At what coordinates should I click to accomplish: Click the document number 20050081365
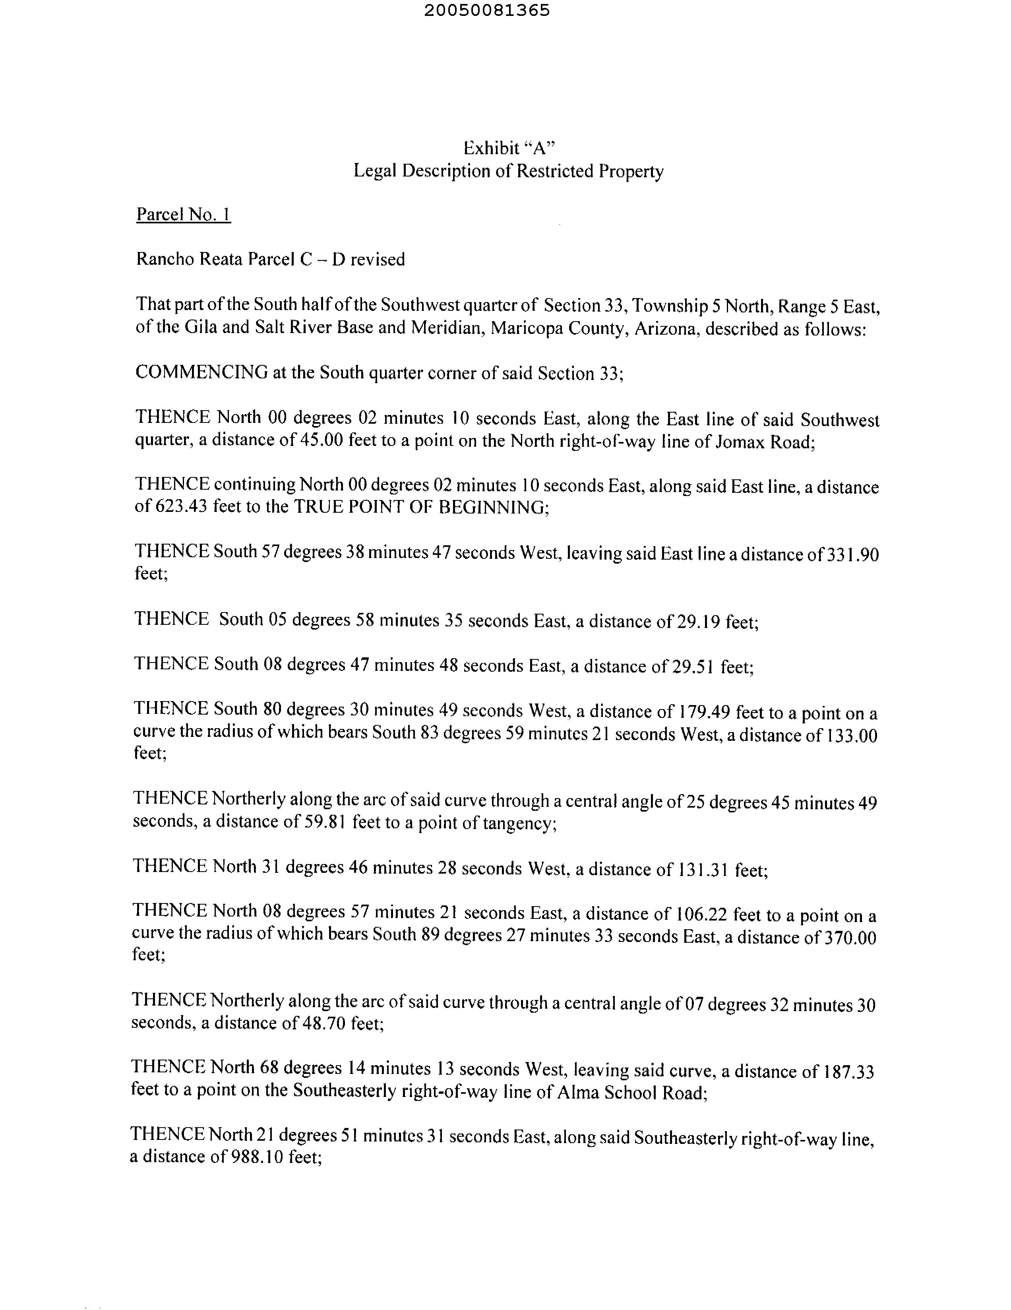486,11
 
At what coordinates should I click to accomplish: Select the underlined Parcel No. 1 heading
184,214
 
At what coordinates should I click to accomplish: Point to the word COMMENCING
201,372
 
